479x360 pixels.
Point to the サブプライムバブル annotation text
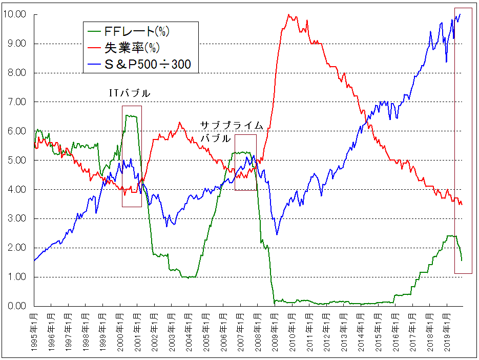point(231,132)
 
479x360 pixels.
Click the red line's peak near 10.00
point(289,15)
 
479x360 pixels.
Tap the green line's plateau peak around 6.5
point(131,116)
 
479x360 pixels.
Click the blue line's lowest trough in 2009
point(277,234)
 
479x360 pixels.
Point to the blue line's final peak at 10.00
point(460,14)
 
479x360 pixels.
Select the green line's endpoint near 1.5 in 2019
point(461,260)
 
